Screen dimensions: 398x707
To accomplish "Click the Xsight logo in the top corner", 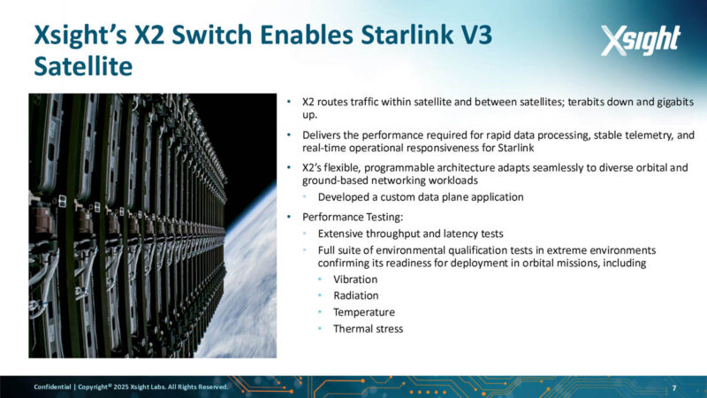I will (x=640, y=40).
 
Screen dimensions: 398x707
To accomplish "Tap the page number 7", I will (x=674, y=388).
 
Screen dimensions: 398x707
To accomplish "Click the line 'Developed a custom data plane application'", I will (x=421, y=196).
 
